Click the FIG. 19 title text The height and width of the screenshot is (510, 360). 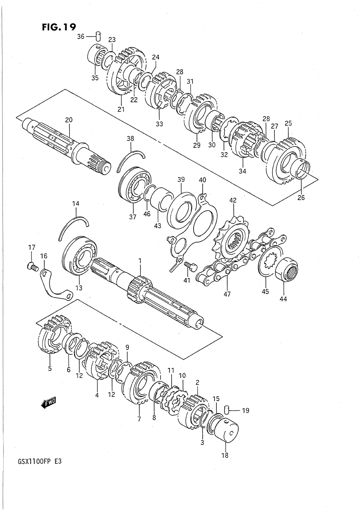[59, 27]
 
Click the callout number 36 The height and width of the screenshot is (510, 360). [81, 36]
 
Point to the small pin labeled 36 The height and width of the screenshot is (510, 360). [99, 36]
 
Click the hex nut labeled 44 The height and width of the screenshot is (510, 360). [287, 269]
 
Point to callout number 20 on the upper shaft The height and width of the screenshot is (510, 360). [69, 120]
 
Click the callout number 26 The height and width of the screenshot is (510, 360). [301, 198]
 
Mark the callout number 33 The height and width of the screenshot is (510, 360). [159, 124]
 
